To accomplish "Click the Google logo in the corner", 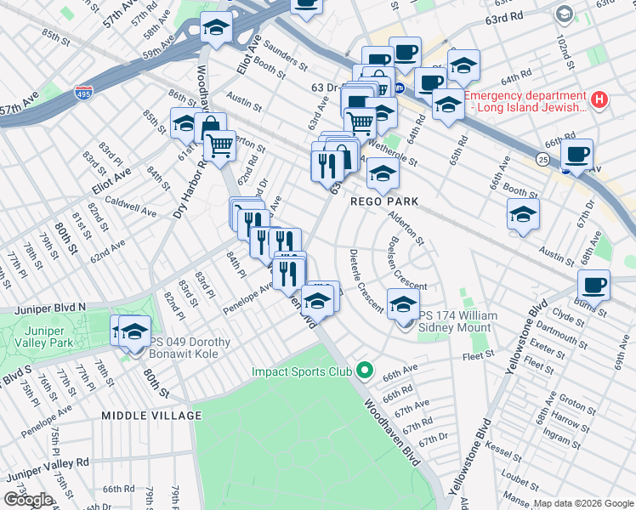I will [x=29, y=500].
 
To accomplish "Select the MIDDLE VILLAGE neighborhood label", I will [x=151, y=415].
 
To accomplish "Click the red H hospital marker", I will [x=599, y=100].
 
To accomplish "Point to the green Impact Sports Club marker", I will [x=365, y=371].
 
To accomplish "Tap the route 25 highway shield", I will [x=542, y=158].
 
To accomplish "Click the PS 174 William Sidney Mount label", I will [x=452, y=321].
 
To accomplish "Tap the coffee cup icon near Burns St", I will [x=593, y=285].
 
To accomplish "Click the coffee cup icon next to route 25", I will [x=576, y=155].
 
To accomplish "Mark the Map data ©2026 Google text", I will [x=584, y=503].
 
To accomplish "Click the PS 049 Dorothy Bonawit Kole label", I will [x=202, y=349].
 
